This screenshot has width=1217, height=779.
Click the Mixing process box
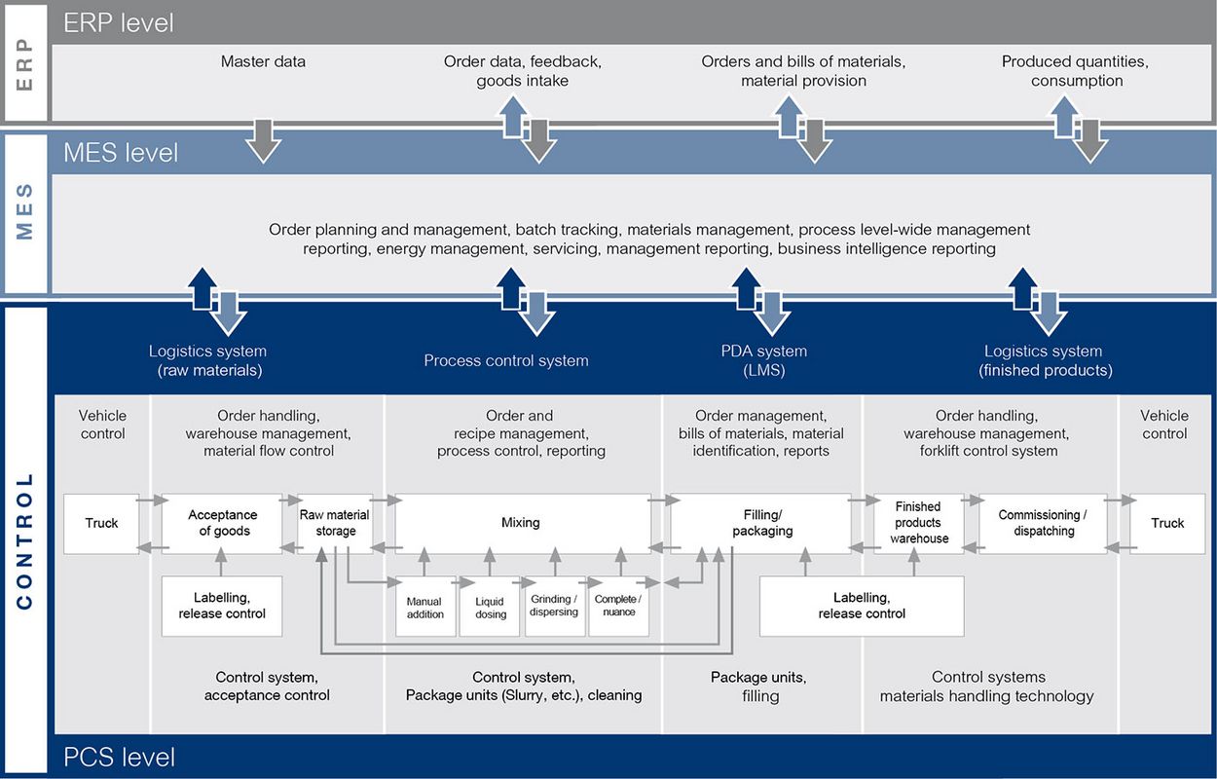[523, 523]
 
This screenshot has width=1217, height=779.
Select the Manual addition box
[425, 607]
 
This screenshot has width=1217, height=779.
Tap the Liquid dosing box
[490, 607]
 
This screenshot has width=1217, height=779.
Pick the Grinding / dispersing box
[555, 607]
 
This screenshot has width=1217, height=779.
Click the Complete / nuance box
[618, 607]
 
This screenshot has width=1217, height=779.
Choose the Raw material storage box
[335, 523]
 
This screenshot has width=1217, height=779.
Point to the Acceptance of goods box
[222, 523]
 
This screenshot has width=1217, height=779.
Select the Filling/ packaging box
[760, 523]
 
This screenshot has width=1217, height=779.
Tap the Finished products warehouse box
[919, 523]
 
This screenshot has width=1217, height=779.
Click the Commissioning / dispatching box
[1043, 523]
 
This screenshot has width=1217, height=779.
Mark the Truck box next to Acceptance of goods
[101, 523]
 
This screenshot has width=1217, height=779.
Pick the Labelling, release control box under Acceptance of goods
[222, 607]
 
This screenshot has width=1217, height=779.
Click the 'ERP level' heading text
[119, 22]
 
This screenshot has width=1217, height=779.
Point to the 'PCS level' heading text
[120, 758]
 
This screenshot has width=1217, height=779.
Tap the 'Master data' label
[263, 61]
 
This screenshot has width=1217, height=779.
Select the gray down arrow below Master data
[264, 141]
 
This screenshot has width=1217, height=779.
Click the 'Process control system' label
[506, 360]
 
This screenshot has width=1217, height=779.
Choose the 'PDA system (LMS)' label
[764, 360]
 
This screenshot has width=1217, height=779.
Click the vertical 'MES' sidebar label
[25, 212]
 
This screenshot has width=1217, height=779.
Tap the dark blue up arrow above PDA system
[747, 288]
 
